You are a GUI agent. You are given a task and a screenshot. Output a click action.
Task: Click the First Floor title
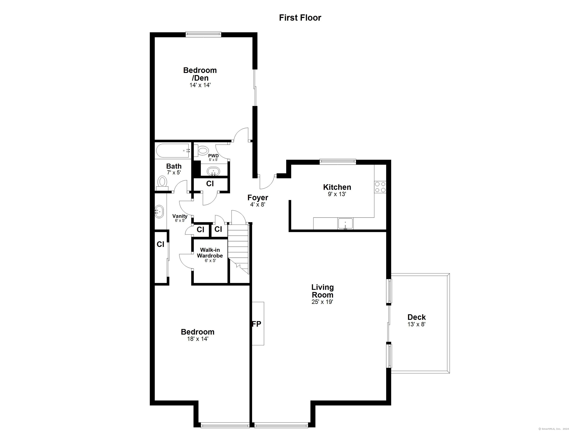pos(300,18)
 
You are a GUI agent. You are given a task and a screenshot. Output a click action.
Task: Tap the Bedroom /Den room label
pos(200,74)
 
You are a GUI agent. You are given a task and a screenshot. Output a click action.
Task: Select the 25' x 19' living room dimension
pos(322,302)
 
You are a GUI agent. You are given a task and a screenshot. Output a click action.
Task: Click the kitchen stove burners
pos(380,187)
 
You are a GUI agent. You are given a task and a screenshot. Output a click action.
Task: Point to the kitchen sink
pos(346,224)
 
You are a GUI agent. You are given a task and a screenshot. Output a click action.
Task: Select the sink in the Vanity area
pos(159,212)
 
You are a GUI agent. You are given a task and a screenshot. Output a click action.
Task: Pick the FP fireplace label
pos(257,324)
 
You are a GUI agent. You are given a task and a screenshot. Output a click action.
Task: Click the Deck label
pos(416,317)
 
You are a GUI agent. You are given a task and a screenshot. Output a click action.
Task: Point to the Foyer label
pos(258,198)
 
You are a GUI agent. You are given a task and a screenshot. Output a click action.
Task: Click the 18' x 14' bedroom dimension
pos(198,339)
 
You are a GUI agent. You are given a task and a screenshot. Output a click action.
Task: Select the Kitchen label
pos(337,187)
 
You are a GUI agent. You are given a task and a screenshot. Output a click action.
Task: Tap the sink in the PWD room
pos(213,171)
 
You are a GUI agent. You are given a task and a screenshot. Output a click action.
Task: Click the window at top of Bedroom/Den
pos(203,34)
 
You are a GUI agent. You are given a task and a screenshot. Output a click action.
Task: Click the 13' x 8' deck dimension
pos(416,324)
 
